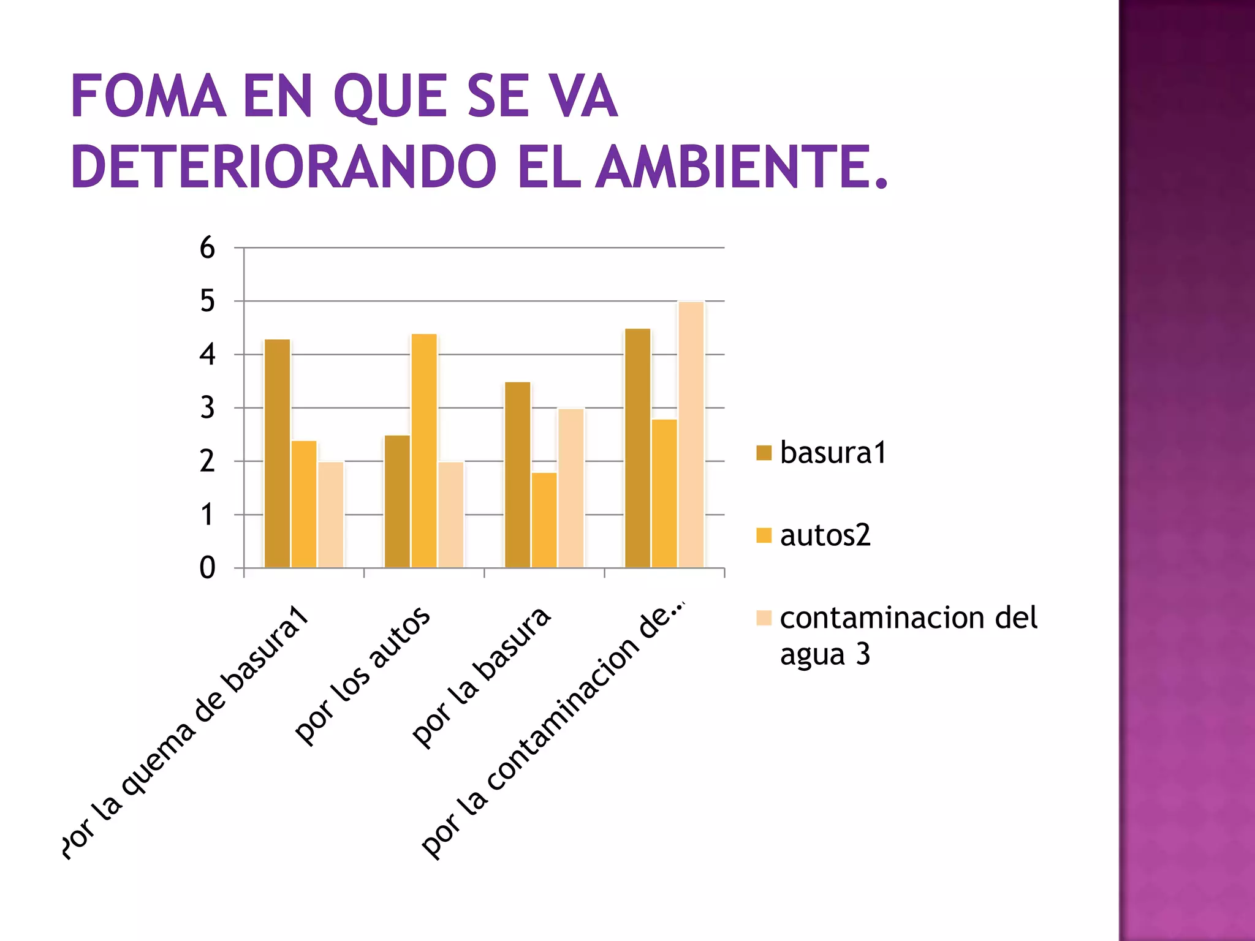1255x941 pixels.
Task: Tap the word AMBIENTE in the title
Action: (x=741, y=167)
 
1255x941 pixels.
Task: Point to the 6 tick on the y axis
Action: (x=208, y=248)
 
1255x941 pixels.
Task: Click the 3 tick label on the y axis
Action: (x=208, y=408)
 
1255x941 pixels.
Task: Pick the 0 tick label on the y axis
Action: (x=208, y=569)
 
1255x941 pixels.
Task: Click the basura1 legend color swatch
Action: (x=764, y=453)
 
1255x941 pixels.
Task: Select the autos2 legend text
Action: (x=825, y=535)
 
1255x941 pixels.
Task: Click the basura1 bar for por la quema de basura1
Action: (x=277, y=453)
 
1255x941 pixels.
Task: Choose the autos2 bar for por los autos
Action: (x=424, y=451)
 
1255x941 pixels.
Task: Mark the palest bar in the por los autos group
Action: (x=451, y=515)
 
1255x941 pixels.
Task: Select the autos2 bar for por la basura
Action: (x=544, y=520)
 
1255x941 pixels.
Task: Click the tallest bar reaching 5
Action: (x=691, y=435)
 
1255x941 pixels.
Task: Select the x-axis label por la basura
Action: (x=482, y=678)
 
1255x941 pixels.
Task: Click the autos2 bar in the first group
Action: (x=304, y=504)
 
